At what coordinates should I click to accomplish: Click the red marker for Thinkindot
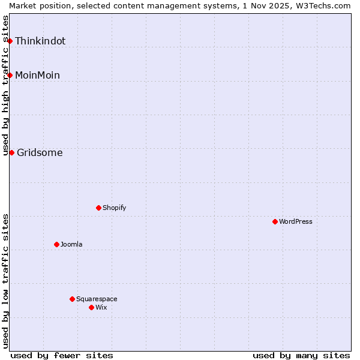[x=10, y=41]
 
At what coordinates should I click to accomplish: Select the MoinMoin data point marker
[x=10, y=75]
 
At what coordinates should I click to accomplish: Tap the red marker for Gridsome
[x=11, y=152]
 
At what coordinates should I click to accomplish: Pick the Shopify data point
[x=98, y=208]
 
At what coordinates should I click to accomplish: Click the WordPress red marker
[x=275, y=221]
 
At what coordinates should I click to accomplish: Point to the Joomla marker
[x=56, y=244]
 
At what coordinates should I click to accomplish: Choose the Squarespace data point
[x=72, y=299]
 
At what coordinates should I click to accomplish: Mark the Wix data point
[x=91, y=307]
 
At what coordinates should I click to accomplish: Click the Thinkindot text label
[x=40, y=41]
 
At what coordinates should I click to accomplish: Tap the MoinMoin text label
[x=37, y=75]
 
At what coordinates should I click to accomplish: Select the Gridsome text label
[x=40, y=152]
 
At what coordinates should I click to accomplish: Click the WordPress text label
[x=296, y=221]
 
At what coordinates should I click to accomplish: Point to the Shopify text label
[x=115, y=208]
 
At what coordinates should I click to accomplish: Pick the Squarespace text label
[x=97, y=299]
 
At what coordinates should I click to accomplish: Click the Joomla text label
[x=71, y=244]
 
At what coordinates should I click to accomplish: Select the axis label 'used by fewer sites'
[x=62, y=355]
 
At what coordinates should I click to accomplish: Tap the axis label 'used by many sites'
[x=301, y=355]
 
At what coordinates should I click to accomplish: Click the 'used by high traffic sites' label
[x=5, y=85]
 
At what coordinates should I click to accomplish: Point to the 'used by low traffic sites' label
[x=5, y=281]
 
